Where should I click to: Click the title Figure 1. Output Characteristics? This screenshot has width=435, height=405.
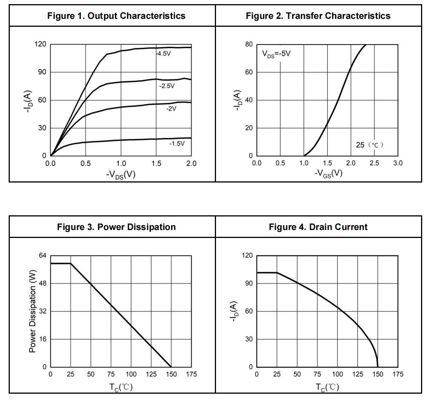(x=116, y=16)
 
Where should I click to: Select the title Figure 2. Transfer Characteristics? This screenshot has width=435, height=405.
(x=318, y=16)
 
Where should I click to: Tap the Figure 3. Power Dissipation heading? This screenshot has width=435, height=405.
(x=116, y=227)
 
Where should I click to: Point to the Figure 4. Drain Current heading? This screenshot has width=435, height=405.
(x=318, y=227)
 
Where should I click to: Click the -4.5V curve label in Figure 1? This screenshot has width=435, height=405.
(x=163, y=54)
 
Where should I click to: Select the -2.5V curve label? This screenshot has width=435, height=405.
(x=167, y=86)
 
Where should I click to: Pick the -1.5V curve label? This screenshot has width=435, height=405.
(x=177, y=144)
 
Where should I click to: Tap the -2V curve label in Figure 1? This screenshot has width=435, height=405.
(x=171, y=109)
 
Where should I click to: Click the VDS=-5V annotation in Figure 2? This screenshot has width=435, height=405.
(x=276, y=54)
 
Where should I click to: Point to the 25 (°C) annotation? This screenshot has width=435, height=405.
(x=369, y=145)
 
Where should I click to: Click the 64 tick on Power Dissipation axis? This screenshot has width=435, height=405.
(x=43, y=255)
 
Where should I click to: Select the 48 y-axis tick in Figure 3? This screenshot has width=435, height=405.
(x=43, y=283)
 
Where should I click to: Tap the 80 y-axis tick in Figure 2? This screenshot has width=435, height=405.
(x=249, y=44)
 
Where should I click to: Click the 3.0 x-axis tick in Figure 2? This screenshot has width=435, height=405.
(x=398, y=163)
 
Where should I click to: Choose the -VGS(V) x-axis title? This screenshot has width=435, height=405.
(x=328, y=173)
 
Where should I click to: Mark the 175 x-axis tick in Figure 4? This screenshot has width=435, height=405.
(x=398, y=374)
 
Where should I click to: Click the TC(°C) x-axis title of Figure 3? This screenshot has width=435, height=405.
(x=121, y=387)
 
